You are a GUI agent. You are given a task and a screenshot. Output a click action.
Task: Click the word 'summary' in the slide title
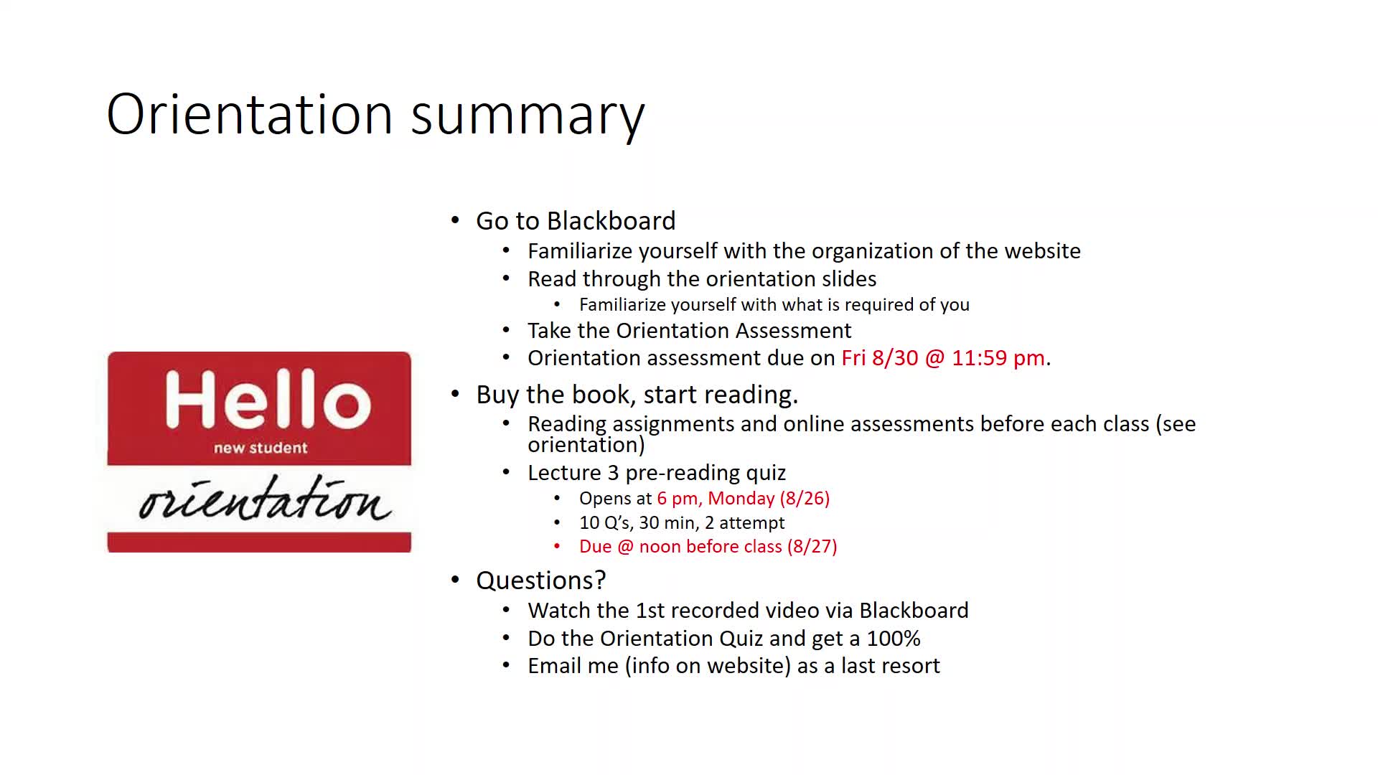click(528, 116)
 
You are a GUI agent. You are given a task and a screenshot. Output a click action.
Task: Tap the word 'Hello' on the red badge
click(268, 399)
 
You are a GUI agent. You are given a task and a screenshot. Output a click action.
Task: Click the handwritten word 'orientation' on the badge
click(265, 498)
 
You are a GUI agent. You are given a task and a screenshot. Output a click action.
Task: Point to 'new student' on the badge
click(261, 448)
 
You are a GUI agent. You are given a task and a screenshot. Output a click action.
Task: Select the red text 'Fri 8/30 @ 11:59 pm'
click(943, 357)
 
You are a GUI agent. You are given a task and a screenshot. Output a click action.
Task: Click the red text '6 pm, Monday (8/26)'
click(744, 498)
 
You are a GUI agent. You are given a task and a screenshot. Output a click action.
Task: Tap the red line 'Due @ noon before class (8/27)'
click(708, 546)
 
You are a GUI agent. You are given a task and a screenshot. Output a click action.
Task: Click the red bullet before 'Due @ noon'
click(557, 547)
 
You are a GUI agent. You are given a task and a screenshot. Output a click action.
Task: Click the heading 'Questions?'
click(541, 580)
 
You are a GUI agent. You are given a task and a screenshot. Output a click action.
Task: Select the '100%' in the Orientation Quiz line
click(894, 638)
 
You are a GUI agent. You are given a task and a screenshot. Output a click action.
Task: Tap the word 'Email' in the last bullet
click(554, 665)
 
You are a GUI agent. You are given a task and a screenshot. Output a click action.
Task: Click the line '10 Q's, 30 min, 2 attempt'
click(682, 522)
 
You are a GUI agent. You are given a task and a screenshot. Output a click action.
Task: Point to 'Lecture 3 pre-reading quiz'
click(657, 472)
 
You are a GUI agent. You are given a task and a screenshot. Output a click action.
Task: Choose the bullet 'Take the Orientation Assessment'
click(690, 330)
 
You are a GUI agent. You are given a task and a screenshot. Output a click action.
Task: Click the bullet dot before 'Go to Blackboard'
click(455, 220)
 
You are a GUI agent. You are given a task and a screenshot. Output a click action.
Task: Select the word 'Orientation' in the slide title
click(250, 115)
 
